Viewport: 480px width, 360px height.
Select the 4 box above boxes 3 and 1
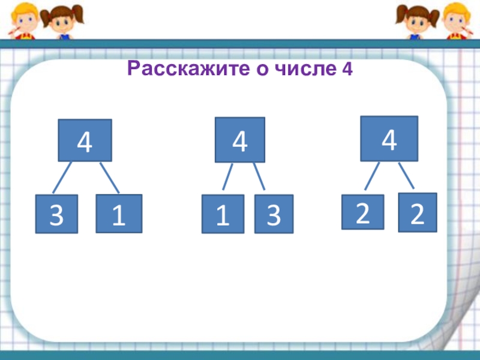pyautogui.click(x=85, y=141)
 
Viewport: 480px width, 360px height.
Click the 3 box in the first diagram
pyautogui.click(x=56, y=214)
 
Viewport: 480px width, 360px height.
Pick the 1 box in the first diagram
pyautogui.click(x=119, y=214)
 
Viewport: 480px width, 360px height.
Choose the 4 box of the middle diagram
pyautogui.click(x=240, y=140)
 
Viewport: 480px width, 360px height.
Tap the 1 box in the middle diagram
pyautogui.click(x=223, y=214)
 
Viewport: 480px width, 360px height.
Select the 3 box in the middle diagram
pyautogui.click(x=274, y=214)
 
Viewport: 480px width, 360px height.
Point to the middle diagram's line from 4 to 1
pyautogui.click(x=228, y=178)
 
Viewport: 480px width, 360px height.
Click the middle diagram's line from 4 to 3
pyautogui.click(x=259, y=178)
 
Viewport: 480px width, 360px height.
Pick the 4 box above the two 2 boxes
pyautogui.click(x=389, y=139)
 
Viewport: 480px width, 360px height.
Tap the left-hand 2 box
pyautogui.click(x=362, y=212)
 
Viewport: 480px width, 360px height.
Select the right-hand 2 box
pyautogui.click(x=418, y=212)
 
